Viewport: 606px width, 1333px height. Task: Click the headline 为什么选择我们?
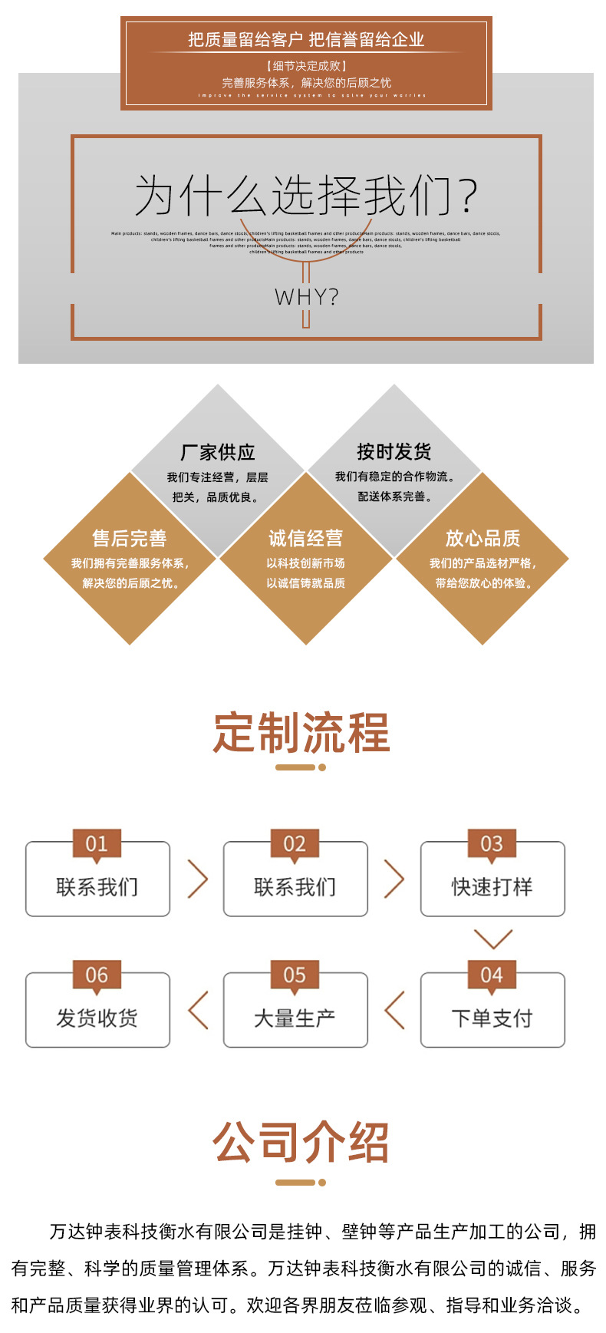(x=306, y=196)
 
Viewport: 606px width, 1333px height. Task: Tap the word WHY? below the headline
(x=306, y=297)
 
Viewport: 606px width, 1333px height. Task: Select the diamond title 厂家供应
(x=218, y=452)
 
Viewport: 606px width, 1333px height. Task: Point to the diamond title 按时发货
(x=394, y=451)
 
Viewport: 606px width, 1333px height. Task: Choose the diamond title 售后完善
(x=130, y=538)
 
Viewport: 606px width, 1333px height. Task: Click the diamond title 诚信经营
(x=306, y=538)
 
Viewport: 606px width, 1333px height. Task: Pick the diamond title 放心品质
(x=482, y=538)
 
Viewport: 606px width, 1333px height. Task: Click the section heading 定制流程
(x=301, y=733)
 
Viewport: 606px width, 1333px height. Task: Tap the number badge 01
(x=97, y=844)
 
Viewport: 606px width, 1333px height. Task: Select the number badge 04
(x=492, y=975)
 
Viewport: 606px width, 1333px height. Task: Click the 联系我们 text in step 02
(x=295, y=887)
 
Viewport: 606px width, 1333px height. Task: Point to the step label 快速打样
(x=492, y=887)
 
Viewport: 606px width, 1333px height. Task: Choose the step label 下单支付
(x=492, y=1018)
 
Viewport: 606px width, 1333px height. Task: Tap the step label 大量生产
(x=295, y=1018)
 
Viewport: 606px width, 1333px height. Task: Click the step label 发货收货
(x=97, y=1018)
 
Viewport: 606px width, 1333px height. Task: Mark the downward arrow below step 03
(x=492, y=939)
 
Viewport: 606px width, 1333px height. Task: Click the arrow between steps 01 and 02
(x=198, y=879)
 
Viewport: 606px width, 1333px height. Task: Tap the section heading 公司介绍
(x=301, y=1142)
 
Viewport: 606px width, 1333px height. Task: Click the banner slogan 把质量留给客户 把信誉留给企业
(x=306, y=40)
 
